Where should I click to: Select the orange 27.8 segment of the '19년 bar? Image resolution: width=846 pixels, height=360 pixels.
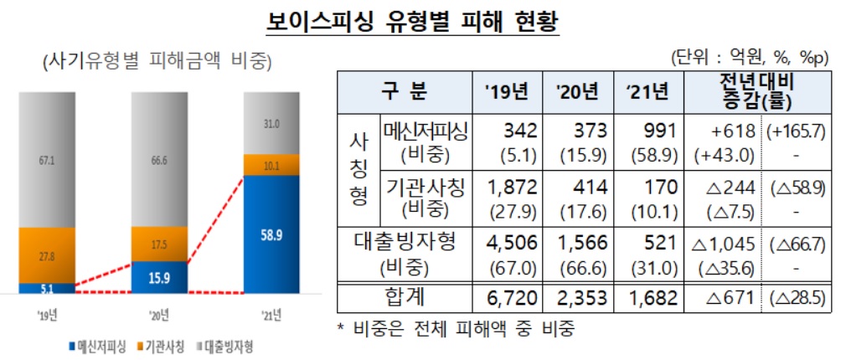pyautogui.click(x=46, y=255)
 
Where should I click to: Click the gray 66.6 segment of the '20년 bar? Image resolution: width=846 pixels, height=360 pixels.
pyautogui.click(x=159, y=159)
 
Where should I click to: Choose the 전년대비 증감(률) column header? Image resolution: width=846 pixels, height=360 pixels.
pyautogui.click(x=756, y=91)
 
